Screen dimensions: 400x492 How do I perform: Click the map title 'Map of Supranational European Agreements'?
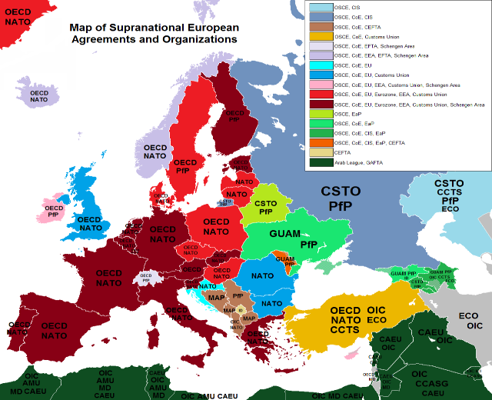[154, 28]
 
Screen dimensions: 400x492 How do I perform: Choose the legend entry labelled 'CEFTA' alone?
[341, 152]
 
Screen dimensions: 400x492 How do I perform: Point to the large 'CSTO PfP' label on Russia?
[351, 198]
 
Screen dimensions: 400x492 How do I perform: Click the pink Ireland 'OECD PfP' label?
[53, 212]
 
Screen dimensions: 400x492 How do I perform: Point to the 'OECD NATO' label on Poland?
[215, 226]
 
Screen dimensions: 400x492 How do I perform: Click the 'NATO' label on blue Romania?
[263, 275]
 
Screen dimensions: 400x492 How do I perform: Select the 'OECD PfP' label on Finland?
[233, 116]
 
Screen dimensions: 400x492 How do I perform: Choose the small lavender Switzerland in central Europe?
[146, 278]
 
